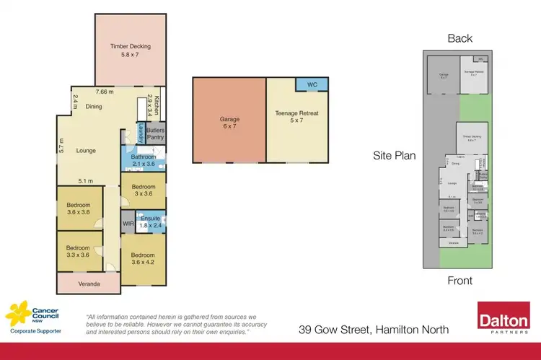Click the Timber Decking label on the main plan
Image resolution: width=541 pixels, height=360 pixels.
[x=131, y=51]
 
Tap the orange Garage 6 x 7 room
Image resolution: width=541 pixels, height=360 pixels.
[x=229, y=123]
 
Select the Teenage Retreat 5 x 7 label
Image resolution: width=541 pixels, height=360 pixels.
[x=296, y=118]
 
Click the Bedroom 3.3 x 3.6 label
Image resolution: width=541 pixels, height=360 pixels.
[x=79, y=250]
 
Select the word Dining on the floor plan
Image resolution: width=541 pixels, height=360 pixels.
[x=94, y=106]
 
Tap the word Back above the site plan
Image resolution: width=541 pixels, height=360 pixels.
[x=459, y=38]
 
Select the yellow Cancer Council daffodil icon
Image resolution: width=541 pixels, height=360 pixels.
[x=18, y=315]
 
